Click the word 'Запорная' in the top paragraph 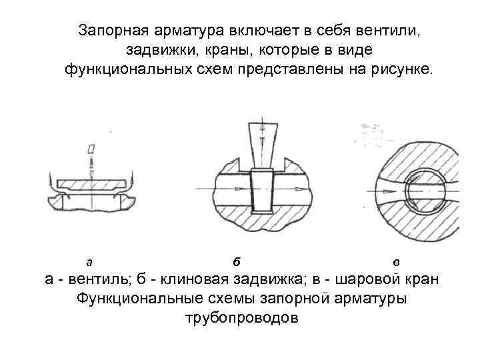tap(110, 31)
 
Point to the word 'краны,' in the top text tap(227, 50)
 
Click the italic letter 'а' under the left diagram tap(89, 261)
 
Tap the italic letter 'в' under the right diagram tap(397, 261)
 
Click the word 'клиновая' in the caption tap(189, 279)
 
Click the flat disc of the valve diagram tap(91, 183)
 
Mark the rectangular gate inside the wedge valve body tap(262, 191)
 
